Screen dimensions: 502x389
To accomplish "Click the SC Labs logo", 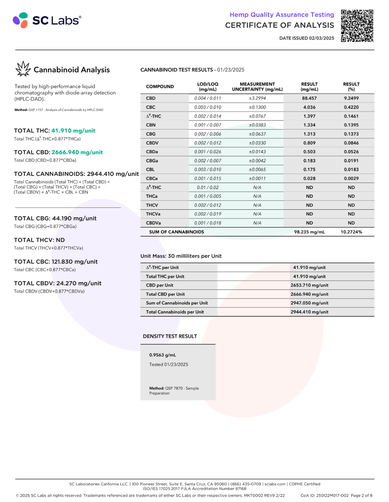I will [x=47, y=20].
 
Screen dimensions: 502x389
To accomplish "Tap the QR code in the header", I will [x=357, y=26].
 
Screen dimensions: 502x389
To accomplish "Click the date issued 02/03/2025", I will [x=307, y=38].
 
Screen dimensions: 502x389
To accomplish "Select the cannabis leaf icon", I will [x=23, y=69].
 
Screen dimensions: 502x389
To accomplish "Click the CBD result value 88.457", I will [x=309, y=98].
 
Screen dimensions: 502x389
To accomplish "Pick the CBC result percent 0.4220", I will [x=351, y=107].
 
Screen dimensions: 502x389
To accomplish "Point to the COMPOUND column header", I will [x=160, y=87].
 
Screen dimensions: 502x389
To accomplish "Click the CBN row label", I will [x=151, y=125].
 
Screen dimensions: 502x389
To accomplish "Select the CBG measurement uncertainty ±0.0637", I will [x=257, y=134].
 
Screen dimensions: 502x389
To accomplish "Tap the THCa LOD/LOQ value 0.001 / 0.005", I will [x=208, y=196].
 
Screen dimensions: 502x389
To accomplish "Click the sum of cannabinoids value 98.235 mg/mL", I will [x=309, y=232].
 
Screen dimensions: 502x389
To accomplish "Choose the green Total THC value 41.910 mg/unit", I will [x=73, y=131].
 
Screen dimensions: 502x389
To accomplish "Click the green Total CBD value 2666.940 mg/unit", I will [x=77, y=152].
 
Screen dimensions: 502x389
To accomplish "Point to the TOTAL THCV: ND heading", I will [x=39, y=240].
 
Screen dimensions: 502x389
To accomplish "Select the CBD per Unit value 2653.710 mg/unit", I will [x=309, y=285].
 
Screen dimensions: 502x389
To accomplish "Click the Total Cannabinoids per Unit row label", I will [x=175, y=312].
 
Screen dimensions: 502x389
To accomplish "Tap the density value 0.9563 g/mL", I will [x=162, y=355].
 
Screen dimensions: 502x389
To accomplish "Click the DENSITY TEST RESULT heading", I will [x=170, y=336].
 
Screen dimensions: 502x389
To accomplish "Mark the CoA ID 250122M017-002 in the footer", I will [x=324, y=496].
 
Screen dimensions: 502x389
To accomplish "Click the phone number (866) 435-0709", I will [x=245, y=484].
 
